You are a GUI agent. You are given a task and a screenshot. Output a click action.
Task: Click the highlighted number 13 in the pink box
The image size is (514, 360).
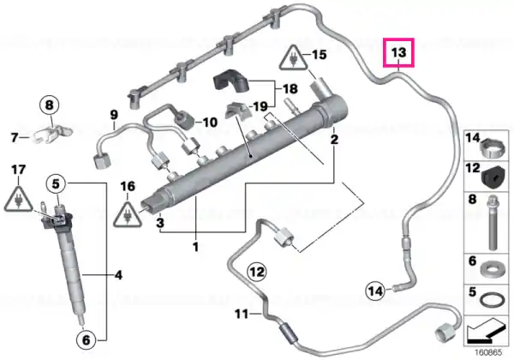coord(399,52)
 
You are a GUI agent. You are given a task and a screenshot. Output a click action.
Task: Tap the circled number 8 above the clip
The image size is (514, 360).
coord(49,105)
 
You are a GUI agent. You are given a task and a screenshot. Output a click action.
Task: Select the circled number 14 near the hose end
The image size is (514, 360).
coord(376,291)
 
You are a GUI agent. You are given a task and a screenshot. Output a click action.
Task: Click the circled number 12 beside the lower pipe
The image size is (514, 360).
coord(257,272)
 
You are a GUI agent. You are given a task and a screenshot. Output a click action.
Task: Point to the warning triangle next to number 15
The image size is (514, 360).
coord(293,58)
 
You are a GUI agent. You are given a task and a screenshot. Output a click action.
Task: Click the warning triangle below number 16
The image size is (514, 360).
coord(128,214)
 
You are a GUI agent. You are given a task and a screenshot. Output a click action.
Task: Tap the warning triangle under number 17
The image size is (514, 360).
coord(18,198)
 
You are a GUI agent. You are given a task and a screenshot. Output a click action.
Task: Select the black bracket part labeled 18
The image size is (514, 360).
coord(231,81)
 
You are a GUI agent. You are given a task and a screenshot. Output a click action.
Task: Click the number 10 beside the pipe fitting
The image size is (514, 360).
coord(210,123)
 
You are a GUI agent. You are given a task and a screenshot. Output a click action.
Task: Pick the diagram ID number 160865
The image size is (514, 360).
coord(488,353)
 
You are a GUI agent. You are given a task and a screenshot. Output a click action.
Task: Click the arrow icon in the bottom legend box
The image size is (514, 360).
coord(486,331)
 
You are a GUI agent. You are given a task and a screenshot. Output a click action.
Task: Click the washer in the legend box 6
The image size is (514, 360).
coord(492,269)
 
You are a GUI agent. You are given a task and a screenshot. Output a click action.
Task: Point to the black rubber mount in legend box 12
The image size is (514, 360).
coord(493,177)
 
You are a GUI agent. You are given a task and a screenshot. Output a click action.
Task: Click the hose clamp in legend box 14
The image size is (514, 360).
coord(492,147)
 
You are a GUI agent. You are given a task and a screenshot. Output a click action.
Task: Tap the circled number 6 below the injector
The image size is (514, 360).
coord(86,339)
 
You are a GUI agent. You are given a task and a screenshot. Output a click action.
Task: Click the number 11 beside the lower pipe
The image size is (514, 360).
coord(242,314)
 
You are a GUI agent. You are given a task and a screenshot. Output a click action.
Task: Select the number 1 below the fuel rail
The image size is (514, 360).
coord(195,247)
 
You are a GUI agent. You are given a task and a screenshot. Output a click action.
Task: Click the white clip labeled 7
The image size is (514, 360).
coord(51,135)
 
